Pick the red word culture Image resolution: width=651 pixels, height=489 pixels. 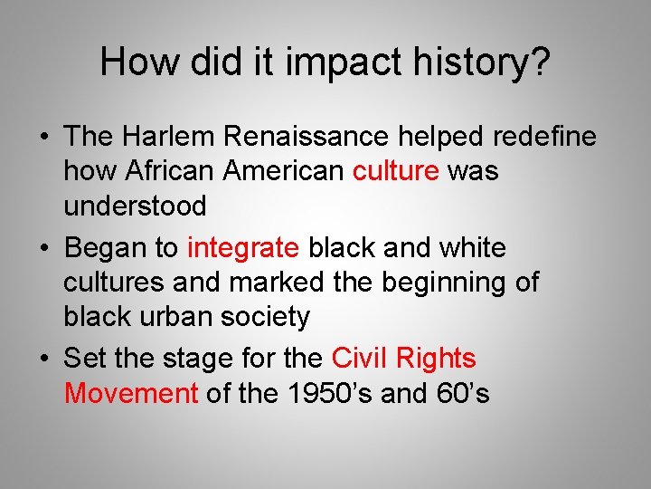pos(395,171)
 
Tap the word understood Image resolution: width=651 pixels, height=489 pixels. pos(135,206)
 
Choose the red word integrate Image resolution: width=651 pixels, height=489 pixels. pos(242,248)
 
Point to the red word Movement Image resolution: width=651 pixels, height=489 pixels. pos(131,393)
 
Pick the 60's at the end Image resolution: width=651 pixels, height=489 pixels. pos(466,393)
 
